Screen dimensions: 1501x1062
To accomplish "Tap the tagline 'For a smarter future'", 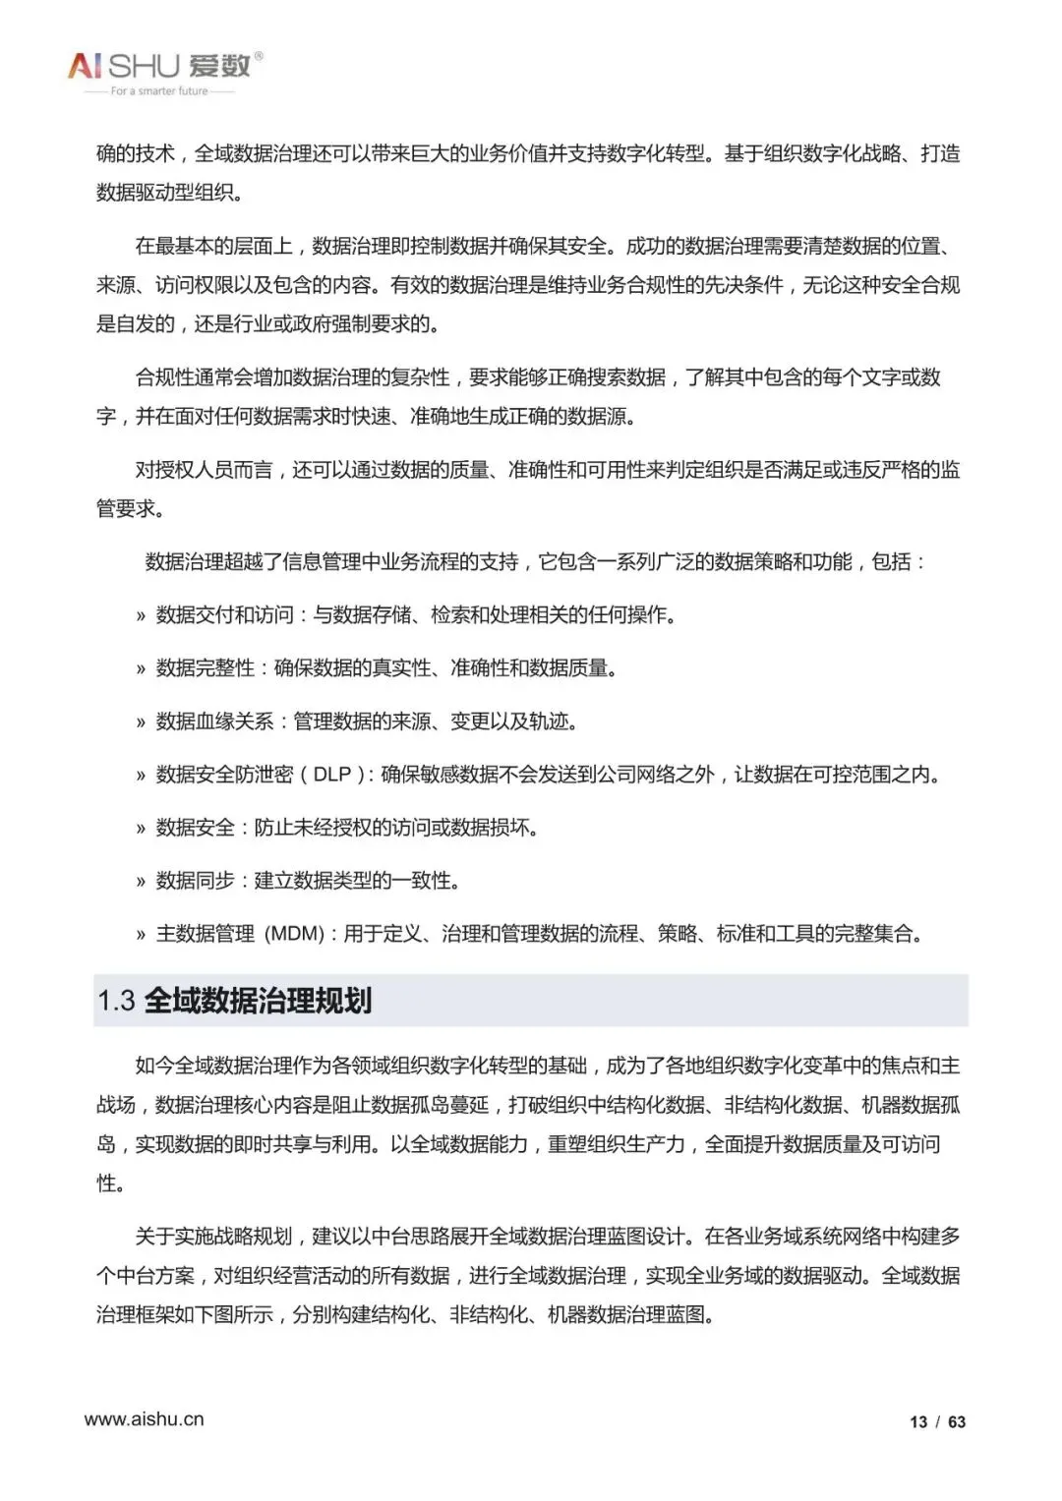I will pos(159,91).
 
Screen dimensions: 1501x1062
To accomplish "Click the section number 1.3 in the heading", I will pos(116,1001).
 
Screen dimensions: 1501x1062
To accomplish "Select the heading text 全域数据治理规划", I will pos(258,1001).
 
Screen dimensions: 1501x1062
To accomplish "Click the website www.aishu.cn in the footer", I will pos(144,1418).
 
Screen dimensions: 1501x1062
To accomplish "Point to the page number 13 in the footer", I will pos(918,1421).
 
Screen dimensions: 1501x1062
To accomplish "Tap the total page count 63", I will pos(957,1421).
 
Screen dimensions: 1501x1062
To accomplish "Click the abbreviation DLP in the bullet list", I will pos(331,775).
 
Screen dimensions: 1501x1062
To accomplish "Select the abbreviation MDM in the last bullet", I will pos(295,934).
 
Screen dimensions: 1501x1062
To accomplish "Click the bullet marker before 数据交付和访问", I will pos(141,617).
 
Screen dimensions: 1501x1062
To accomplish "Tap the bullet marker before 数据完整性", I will pos(141,670).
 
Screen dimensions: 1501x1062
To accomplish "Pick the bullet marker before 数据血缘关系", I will pos(141,723).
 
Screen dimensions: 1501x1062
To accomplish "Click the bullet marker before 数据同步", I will pos(141,883).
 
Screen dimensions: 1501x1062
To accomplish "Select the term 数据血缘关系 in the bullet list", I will pos(214,722).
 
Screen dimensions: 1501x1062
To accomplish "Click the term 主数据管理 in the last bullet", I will pos(205,934).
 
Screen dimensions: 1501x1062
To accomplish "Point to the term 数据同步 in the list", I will pos(195,881).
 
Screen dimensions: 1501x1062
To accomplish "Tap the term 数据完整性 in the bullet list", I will pos(205,668).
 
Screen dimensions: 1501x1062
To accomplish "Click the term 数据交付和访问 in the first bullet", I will pos(224,615).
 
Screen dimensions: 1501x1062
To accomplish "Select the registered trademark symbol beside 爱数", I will pos(259,56).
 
